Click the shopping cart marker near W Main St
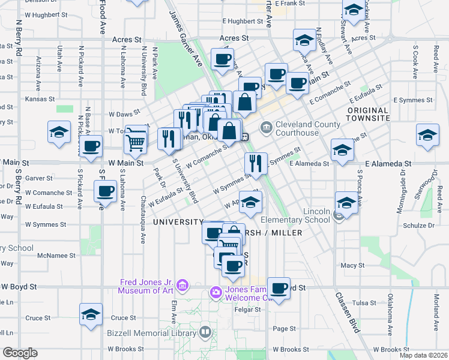(136, 141)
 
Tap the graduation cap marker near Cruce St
(91, 315)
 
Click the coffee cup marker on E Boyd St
(279, 289)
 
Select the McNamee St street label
(56, 255)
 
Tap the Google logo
(20, 353)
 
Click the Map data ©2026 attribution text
(423, 355)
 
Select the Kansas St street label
(39, 98)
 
